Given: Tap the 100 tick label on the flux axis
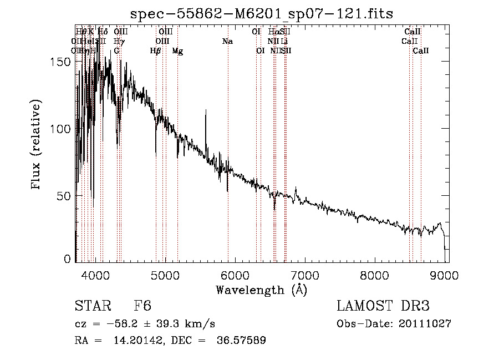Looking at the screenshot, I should click(x=63, y=129).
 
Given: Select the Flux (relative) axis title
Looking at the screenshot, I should click(x=37, y=145).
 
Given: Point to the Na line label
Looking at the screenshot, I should click(x=227, y=42).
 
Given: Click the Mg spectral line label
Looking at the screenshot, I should click(x=177, y=51).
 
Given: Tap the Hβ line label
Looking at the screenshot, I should click(x=156, y=51).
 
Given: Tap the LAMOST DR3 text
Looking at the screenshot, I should click(x=383, y=306).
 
